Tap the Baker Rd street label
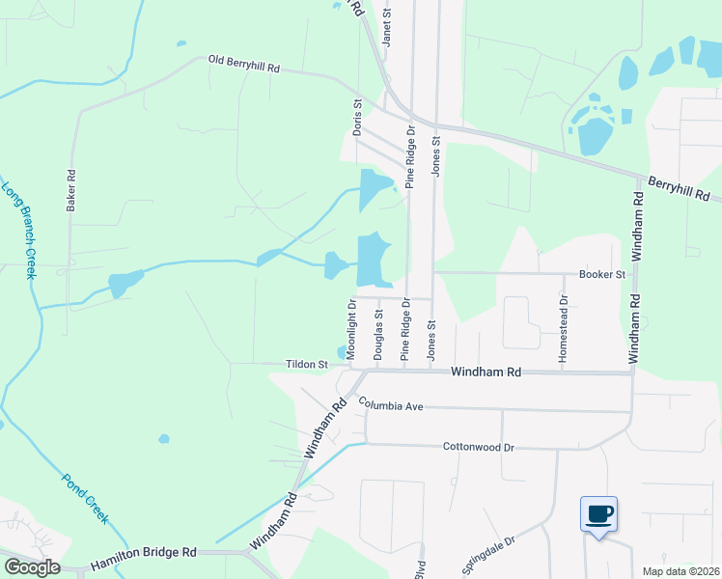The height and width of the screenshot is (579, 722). (x=70, y=190)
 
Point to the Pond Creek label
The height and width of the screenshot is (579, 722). (x=86, y=497)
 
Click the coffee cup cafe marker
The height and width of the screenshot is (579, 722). (x=598, y=513)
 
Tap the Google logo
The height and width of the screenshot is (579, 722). (x=32, y=567)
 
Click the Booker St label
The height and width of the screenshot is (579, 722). (x=602, y=274)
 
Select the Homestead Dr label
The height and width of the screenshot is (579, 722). (x=564, y=328)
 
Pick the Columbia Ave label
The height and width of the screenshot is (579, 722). (x=391, y=406)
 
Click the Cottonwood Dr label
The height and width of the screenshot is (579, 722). (x=479, y=447)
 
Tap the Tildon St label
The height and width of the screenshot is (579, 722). (x=307, y=365)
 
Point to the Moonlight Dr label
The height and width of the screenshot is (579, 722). (x=352, y=328)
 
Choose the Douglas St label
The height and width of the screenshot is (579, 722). (x=378, y=334)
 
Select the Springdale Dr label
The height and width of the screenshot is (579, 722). (x=489, y=552)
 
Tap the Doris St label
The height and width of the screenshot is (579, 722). (x=357, y=116)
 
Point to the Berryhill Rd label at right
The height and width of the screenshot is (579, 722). (x=683, y=188)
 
